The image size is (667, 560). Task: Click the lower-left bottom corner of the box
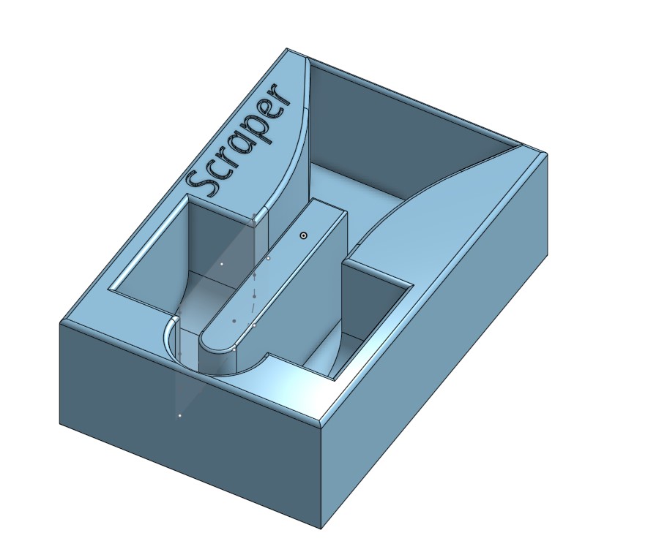[60, 423]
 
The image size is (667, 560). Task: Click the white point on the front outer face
[179, 416]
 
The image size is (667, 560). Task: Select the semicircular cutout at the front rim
[220, 366]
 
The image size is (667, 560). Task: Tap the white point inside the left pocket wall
[221, 264]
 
